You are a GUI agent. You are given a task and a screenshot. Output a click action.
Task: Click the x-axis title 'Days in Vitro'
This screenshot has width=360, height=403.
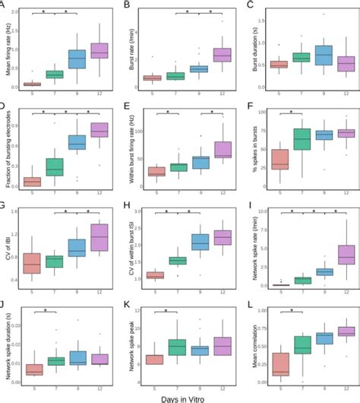click(x=181, y=396)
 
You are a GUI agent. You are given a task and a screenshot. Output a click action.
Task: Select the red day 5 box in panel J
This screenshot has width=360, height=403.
click(x=32, y=370)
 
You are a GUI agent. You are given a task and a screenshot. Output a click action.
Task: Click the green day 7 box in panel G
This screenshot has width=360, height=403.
click(x=54, y=262)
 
